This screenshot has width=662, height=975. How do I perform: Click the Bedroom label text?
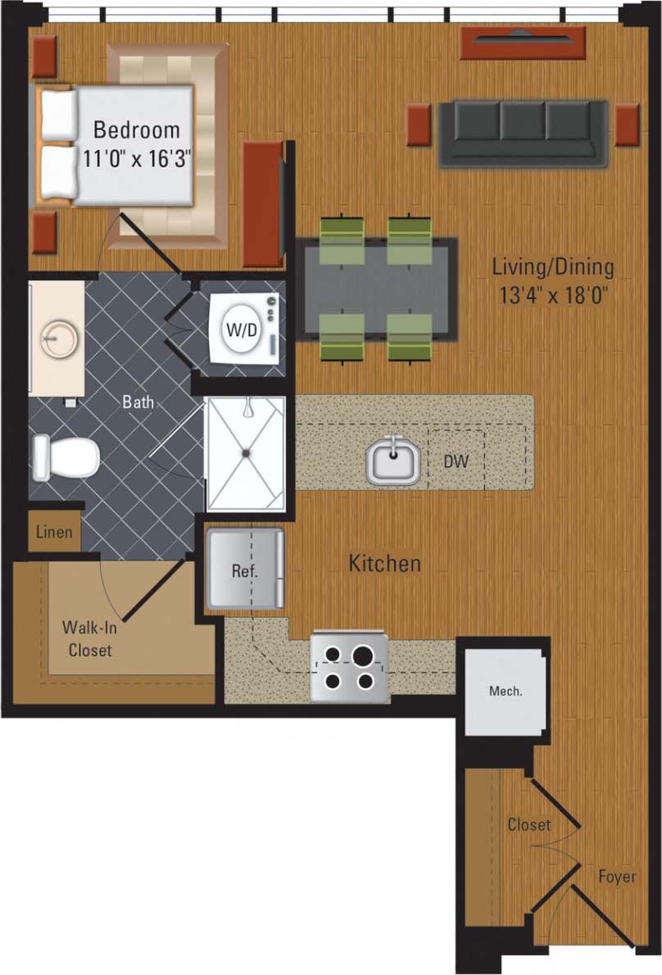(x=136, y=129)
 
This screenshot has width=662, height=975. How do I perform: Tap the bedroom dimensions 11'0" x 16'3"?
(x=136, y=157)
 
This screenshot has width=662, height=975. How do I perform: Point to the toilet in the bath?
(x=66, y=457)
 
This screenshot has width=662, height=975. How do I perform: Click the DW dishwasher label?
(x=456, y=462)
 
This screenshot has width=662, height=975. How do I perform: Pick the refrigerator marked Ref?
(x=245, y=569)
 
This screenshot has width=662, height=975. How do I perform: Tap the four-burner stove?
(x=348, y=667)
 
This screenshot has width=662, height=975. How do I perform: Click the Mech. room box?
(x=505, y=691)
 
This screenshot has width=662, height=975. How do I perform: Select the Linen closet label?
(x=54, y=533)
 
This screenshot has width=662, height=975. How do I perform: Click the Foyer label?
(x=616, y=877)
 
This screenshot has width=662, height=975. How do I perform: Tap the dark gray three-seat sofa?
(x=523, y=131)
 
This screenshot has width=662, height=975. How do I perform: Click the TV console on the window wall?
(x=523, y=43)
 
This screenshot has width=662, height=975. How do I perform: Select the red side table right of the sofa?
(x=628, y=125)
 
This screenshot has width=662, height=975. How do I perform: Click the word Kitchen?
(x=385, y=564)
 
